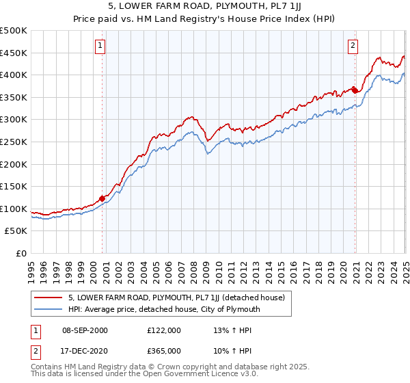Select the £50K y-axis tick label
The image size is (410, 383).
(16, 231)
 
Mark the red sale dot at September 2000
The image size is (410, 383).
(102, 198)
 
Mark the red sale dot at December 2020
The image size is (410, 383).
(355, 90)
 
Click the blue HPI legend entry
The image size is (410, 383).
(164, 309)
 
